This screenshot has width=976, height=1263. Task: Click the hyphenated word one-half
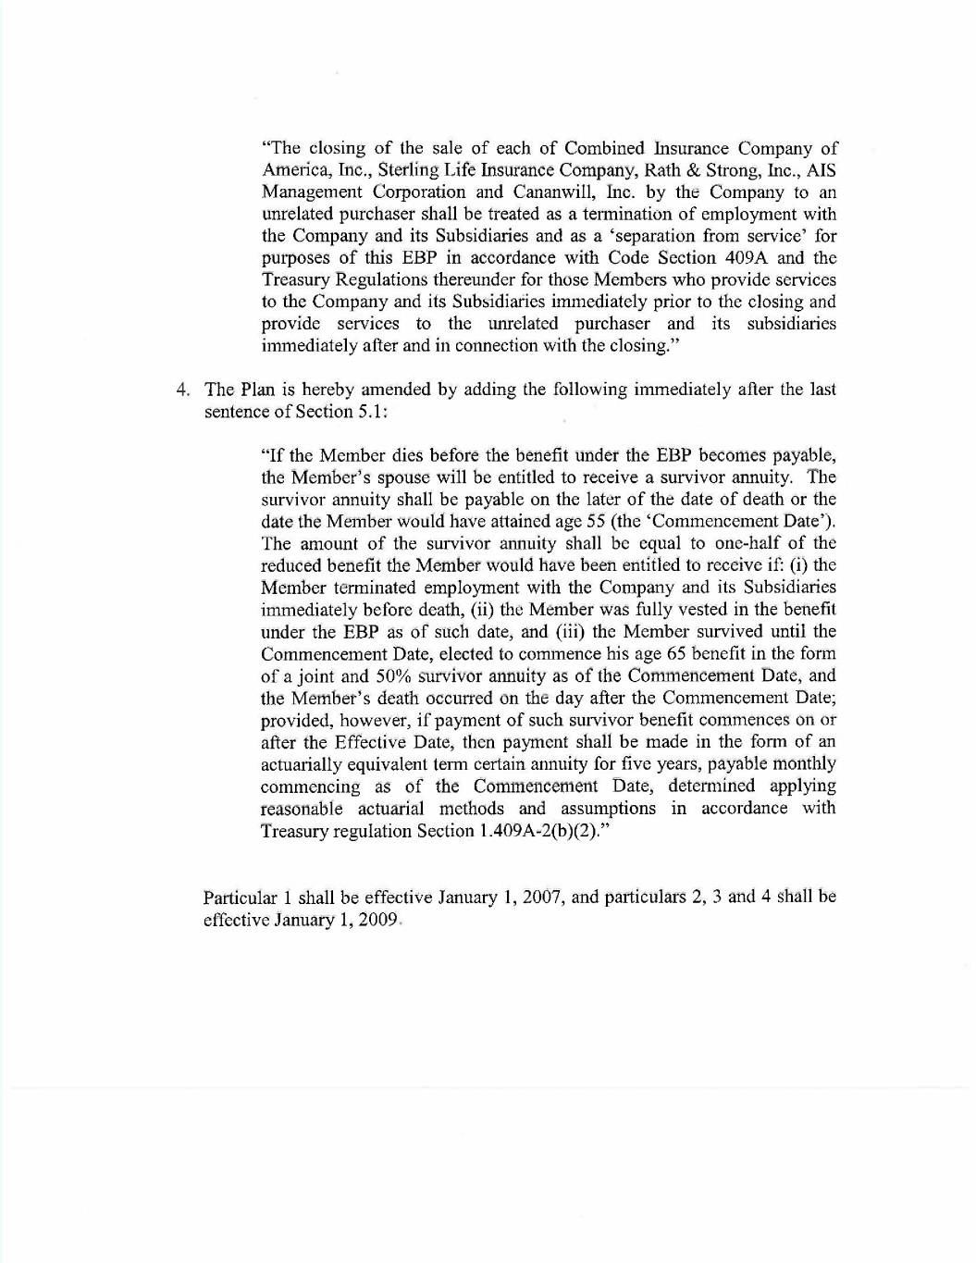coord(740,543)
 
